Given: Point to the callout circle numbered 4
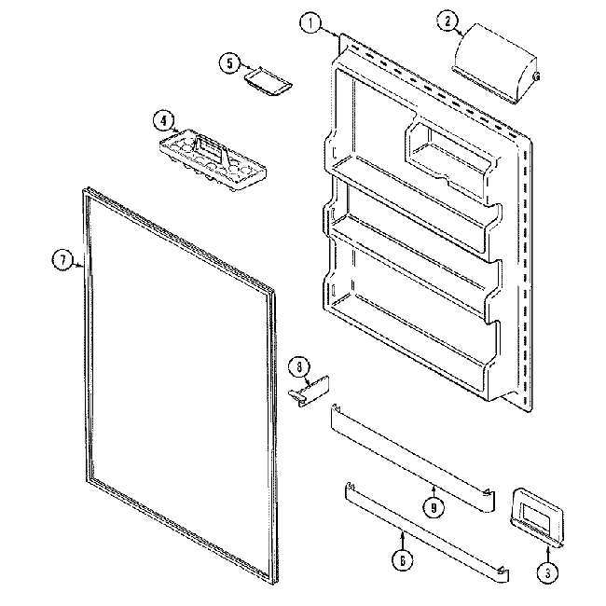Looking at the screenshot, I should [x=163, y=120].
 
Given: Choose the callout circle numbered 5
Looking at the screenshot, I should [x=228, y=62].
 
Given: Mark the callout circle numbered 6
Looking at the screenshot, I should [x=402, y=561].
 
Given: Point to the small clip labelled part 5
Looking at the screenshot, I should [x=267, y=82].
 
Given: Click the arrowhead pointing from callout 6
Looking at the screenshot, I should [x=402, y=533].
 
